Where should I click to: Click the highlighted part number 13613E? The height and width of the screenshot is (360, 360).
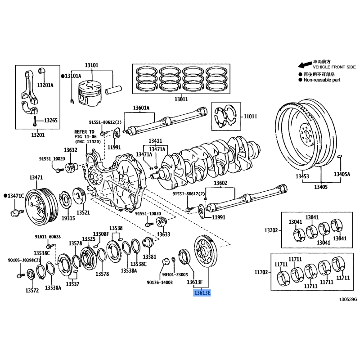[x=202, y=293]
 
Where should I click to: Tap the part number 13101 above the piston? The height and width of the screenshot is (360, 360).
[x=92, y=65]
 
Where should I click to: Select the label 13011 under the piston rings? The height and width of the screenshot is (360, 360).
[x=181, y=99]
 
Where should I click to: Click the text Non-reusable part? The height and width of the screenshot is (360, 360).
[x=322, y=80]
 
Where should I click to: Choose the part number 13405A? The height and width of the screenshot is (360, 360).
[x=342, y=174]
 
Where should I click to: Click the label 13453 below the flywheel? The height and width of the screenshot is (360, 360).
[x=302, y=176]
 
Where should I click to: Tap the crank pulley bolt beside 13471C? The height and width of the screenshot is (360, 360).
[x=17, y=212]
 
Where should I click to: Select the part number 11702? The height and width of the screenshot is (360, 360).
[x=261, y=272]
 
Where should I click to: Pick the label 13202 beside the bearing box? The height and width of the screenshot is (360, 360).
[x=271, y=230]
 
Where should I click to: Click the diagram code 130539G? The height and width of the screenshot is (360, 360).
[x=348, y=299]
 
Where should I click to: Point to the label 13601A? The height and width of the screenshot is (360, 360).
[x=141, y=108]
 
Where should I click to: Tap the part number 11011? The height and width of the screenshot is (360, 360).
[x=250, y=117]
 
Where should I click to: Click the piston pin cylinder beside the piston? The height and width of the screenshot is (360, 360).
[x=113, y=90]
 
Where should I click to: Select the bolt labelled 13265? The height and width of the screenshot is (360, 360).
[x=35, y=121]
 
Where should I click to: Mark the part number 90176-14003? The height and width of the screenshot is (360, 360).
[x=160, y=283]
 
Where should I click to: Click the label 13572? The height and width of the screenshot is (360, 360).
[x=32, y=290]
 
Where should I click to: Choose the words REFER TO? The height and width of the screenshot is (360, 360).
[x=84, y=132]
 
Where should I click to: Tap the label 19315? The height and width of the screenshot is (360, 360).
[x=68, y=218]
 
